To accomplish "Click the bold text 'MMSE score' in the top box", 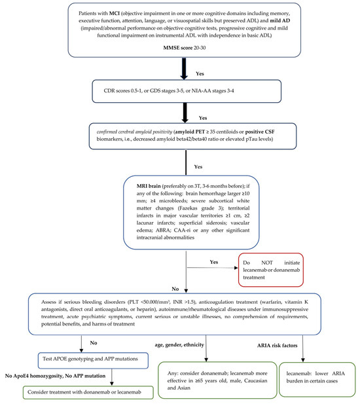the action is click(177, 48).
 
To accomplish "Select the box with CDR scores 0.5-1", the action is click(187, 91).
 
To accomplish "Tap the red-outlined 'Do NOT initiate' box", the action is click(271, 270).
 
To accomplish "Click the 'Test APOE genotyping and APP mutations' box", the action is click(93, 360).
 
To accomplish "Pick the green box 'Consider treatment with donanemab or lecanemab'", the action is click(88, 392).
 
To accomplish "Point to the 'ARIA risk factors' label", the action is click(277, 346).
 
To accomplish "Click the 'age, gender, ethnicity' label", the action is click(179, 344).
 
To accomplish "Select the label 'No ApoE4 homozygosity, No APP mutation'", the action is click(55, 376).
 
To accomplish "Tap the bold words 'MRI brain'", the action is click(149, 186).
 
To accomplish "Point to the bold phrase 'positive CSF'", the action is click(260, 132).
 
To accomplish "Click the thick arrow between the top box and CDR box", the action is click(184, 69).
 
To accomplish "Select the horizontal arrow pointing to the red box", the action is click(212, 268).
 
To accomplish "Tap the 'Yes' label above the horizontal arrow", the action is click(214, 262).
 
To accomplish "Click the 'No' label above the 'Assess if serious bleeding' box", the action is click(175, 289).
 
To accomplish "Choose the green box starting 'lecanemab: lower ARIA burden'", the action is click(317, 379).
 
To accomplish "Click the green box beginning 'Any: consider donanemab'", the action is click(217, 380).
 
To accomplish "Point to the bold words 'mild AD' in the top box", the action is click(280, 20).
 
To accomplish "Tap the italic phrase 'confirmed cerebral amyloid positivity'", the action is click(134, 132).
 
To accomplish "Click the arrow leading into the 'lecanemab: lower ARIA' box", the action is click(303, 348).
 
